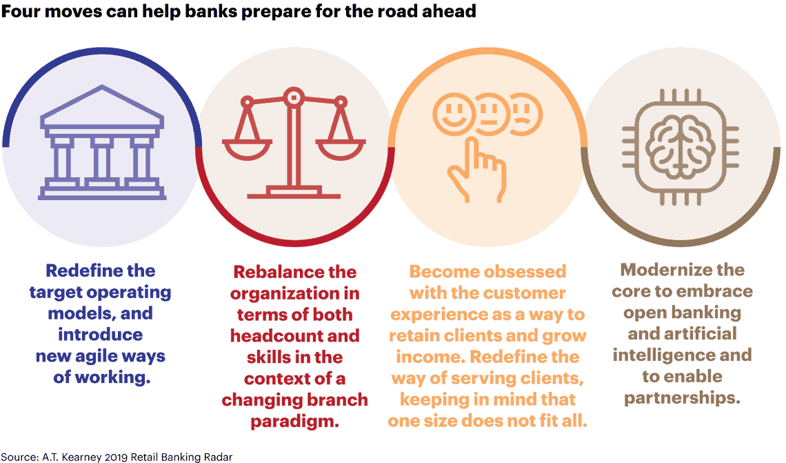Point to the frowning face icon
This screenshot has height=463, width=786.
[x=524, y=115]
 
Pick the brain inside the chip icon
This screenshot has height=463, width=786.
[x=680, y=146]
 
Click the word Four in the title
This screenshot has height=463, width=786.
[x=21, y=11]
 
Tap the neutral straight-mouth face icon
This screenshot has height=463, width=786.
[x=490, y=115]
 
